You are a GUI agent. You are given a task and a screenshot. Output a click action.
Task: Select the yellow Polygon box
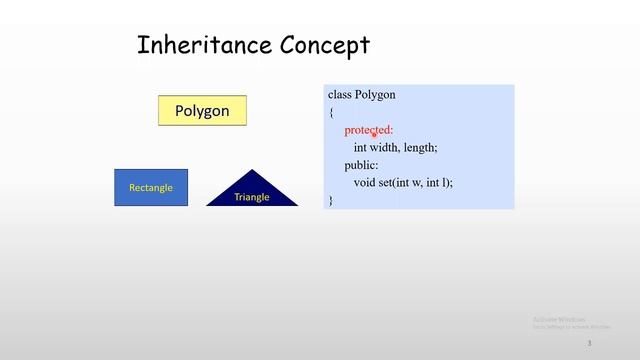click(x=202, y=111)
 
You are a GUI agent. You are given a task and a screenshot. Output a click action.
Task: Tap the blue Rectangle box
click(x=151, y=188)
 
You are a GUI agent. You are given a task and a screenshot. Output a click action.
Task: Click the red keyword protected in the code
click(x=368, y=130)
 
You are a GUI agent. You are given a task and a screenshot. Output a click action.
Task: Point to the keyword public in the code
click(x=361, y=165)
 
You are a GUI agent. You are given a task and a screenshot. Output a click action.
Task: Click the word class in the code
click(x=339, y=95)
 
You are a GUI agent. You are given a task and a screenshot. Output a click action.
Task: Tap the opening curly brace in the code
click(x=331, y=113)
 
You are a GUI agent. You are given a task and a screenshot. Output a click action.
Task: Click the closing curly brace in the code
click(x=331, y=200)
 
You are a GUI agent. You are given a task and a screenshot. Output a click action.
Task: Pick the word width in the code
click(x=385, y=148)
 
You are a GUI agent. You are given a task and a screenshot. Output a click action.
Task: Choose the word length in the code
click(x=420, y=148)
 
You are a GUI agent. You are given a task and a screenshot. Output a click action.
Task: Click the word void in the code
click(x=364, y=183)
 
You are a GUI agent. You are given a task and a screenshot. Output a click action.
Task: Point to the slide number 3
click(x=589, y=343)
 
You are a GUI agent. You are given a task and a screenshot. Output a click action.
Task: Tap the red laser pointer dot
click(x=374, y=134)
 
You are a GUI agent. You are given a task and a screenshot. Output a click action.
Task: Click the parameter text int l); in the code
click(x=440, y=183)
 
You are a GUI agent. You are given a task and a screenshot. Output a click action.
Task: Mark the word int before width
click(x=361, y=148)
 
